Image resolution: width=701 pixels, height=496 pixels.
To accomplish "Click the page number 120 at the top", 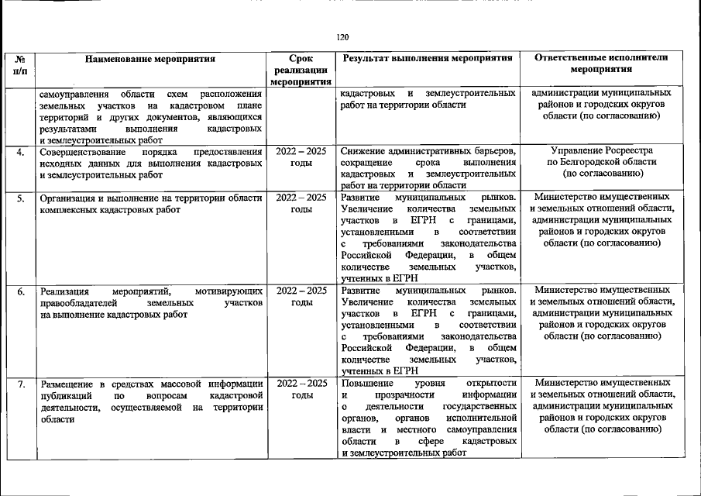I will coord(343,36).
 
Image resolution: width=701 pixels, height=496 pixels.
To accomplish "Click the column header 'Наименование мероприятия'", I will coord(150,58).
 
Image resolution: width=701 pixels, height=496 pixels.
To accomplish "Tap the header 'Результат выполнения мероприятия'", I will coord(428,58).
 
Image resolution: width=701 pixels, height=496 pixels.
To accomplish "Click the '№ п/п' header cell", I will coord(22,64).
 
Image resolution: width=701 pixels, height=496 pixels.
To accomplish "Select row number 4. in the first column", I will coord(21,151).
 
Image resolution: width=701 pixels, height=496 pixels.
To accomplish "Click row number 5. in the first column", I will coord(21,198).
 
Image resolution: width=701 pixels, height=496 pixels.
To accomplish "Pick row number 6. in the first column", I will coord(21,291).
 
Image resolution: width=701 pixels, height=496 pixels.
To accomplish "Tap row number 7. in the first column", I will coord(21,384).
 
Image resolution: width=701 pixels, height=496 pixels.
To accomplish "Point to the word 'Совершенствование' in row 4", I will coord(81,151).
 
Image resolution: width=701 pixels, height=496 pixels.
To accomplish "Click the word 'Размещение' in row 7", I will coord(68,384).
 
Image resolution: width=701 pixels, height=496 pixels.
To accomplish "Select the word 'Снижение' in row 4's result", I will coord(364,150).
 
